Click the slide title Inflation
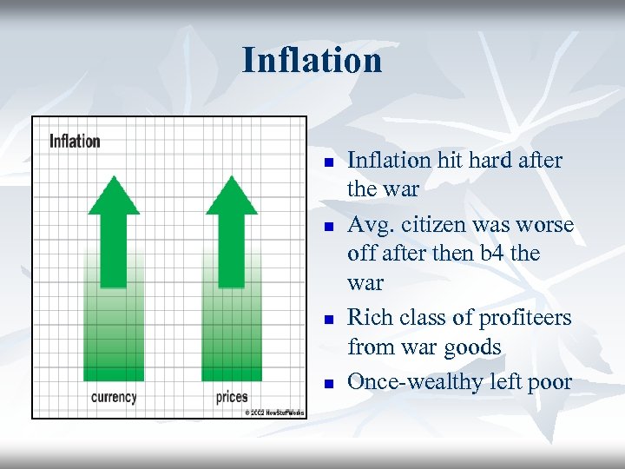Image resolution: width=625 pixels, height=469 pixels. (312, 61)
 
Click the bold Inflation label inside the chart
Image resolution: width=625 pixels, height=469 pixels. (75, 141)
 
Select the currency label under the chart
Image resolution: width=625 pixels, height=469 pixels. (114, 397)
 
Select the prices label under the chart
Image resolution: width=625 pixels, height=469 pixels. (232, 397)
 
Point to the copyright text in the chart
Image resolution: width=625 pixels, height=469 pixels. (273, 412)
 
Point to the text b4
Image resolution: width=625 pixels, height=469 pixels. (500, 254)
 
